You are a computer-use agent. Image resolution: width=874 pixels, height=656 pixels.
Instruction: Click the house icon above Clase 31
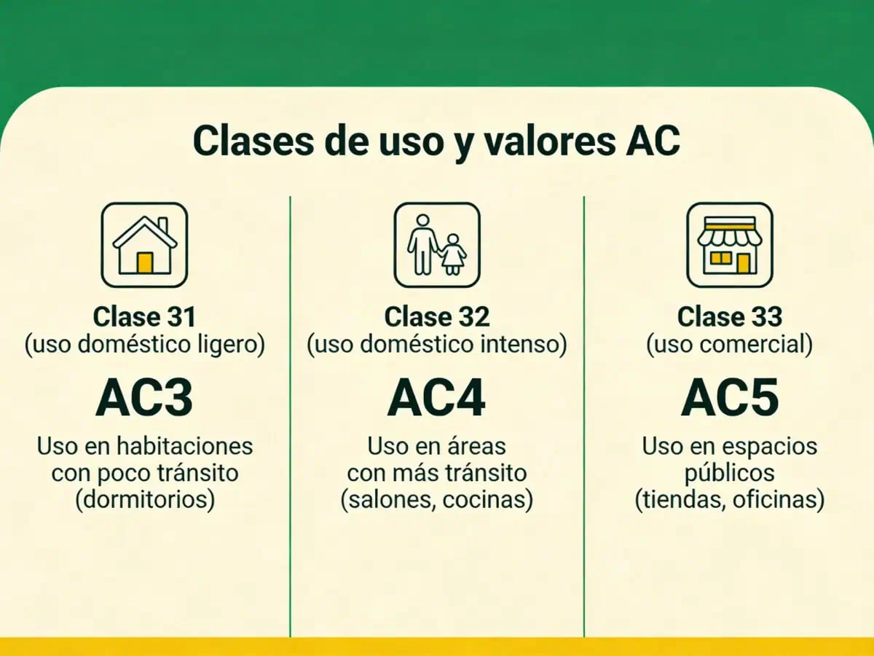[x=144, y=245]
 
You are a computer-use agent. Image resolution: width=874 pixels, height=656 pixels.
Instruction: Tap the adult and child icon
[x=437, y=245]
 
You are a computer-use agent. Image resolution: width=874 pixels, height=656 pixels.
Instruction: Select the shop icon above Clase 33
[x=729, y=245]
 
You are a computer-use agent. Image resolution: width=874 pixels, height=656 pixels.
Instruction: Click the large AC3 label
[x=144, y=397]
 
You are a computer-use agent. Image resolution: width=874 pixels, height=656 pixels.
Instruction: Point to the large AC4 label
[x=436, y=397]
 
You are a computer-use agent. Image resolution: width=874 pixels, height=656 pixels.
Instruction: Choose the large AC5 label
[x=730, y=397]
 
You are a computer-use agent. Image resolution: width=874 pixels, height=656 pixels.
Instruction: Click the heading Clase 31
[x=144, y=317]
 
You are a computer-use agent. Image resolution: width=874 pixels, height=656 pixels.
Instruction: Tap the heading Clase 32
[x=437, y=317]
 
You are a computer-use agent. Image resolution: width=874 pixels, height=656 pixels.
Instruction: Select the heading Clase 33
[x=730, y=317]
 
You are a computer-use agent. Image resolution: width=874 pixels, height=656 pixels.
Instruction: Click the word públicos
[x=729, y=474]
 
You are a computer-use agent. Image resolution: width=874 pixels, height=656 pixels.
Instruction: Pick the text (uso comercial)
[x=730, y=345]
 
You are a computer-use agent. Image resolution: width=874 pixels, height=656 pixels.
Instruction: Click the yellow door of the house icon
[x=145, y=262]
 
